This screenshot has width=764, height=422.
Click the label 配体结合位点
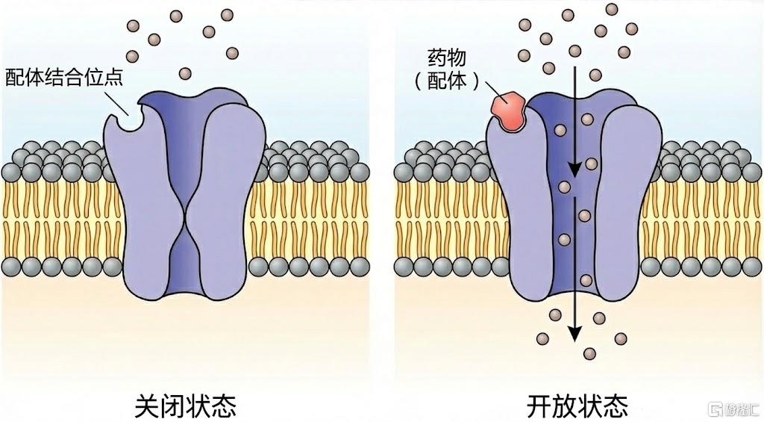[x=64, y=77]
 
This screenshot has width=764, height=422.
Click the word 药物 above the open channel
[x=446, y=58]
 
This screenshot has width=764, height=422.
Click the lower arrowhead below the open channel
[x=575, y=333]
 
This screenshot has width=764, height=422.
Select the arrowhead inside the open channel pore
[x=575, y=169]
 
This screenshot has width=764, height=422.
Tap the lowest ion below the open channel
[x=589, y=354]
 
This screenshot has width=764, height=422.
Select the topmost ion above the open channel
[x=612, y=9]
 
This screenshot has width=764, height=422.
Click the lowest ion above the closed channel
[x=185, y=74]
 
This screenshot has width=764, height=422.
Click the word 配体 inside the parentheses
[x=446, y=81]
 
